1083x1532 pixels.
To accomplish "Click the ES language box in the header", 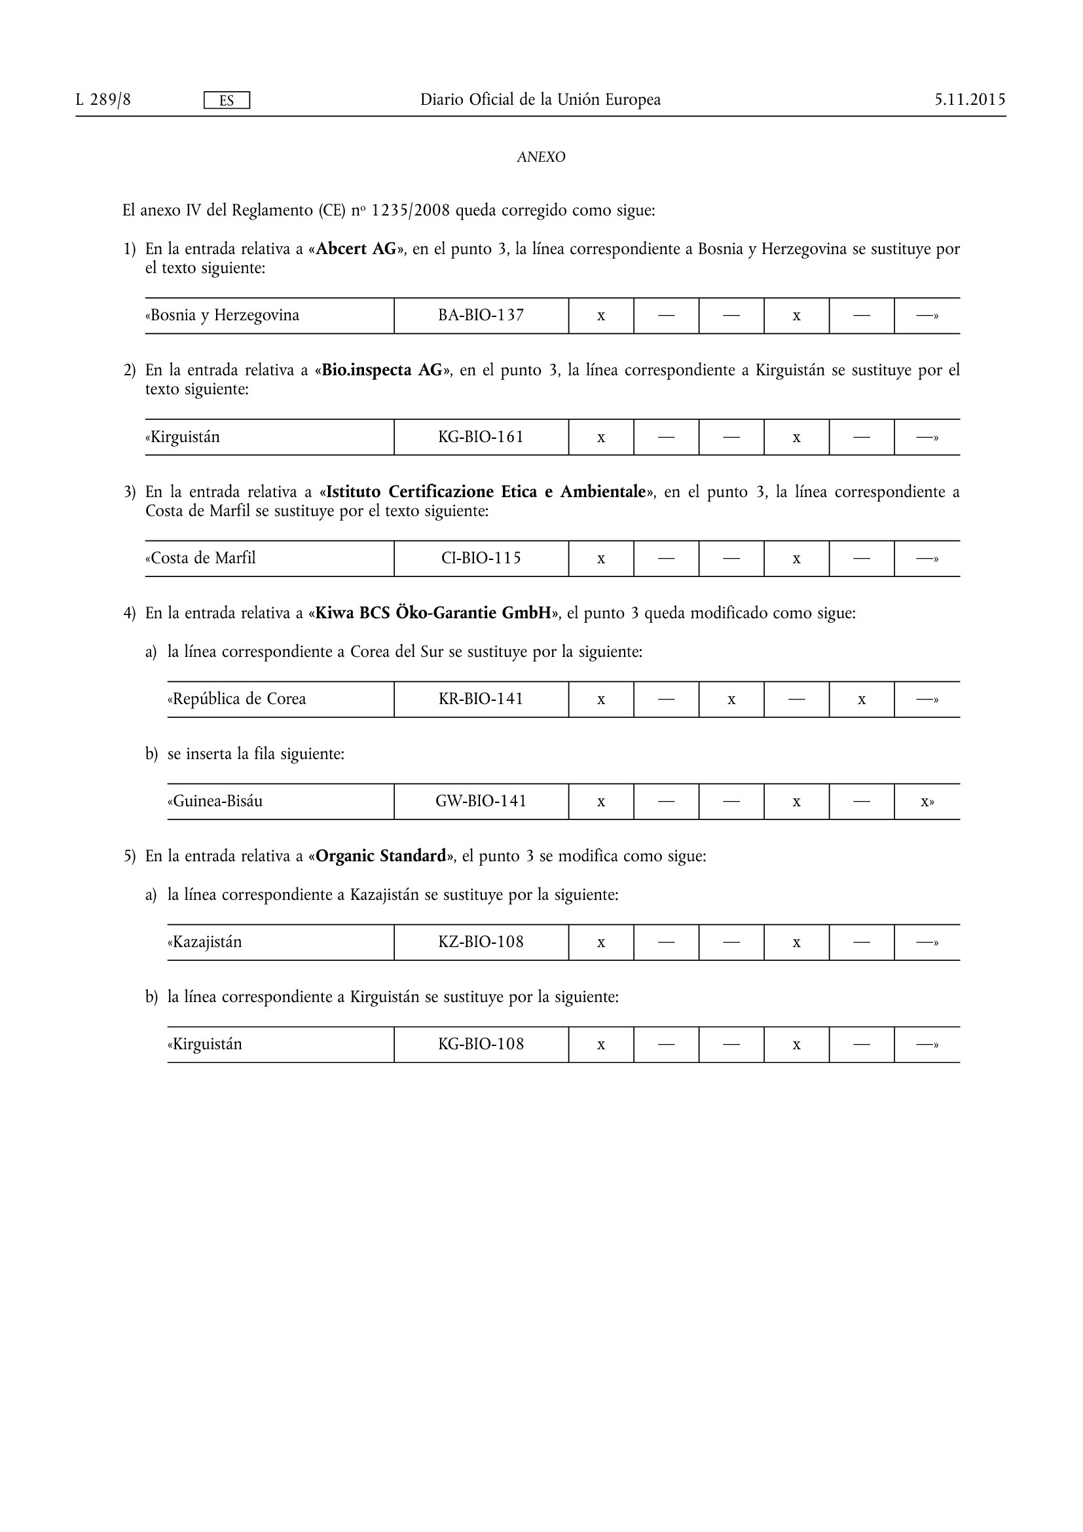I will click(x=226, y=100).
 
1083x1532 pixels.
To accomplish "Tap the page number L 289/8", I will click(x=103, y=100).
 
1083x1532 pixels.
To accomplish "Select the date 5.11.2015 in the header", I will click(x=970, y=100).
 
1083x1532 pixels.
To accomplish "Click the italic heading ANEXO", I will click(x=541, y=157).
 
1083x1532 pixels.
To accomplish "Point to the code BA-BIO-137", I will click(x=481, y=315).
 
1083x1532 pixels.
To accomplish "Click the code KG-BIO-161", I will click(x=481, y=437).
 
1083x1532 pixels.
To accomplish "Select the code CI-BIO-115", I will click(x=481, y=558).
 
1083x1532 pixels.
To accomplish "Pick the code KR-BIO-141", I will click(x=481, y=700).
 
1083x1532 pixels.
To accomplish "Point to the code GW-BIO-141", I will click(x=481, y=800).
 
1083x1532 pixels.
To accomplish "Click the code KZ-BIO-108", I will click(x=481, y=942).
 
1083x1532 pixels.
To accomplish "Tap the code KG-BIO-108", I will click(x=481, y=1043).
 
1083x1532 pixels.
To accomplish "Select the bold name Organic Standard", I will click(x=380, y=855).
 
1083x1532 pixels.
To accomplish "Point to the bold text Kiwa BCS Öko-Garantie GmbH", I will click(x=433, y=612).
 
